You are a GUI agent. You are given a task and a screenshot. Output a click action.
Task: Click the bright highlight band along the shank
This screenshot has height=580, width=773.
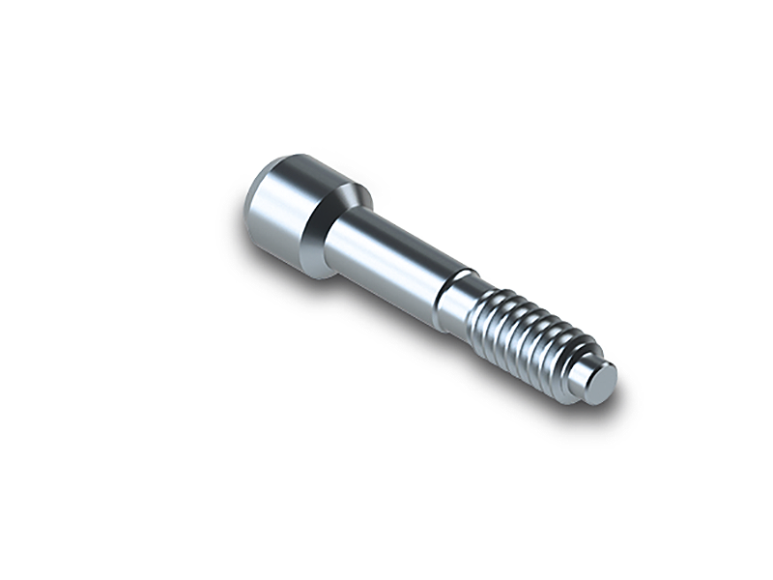click(386, 256)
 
